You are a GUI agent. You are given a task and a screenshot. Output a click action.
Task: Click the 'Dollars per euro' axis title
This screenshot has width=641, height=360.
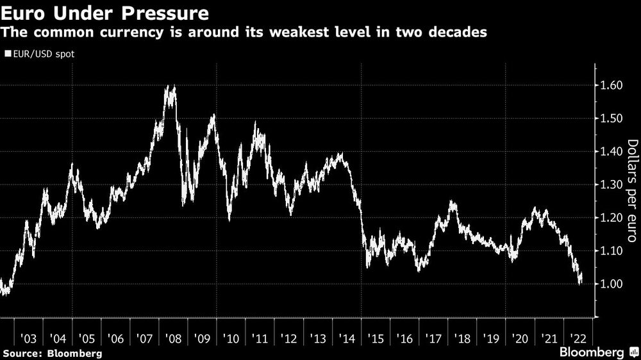tap(631, 190)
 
